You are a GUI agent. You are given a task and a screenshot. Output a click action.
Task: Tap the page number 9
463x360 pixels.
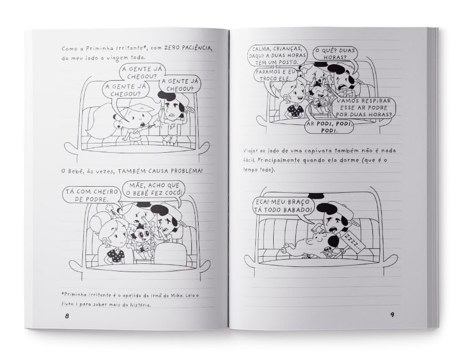point(392,315)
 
